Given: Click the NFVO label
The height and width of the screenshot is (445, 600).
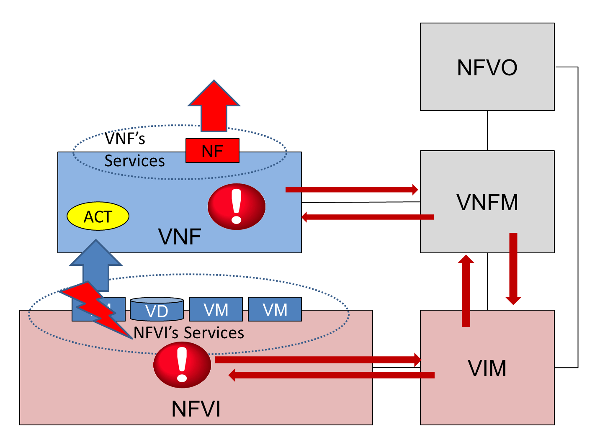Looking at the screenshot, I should [487, 67].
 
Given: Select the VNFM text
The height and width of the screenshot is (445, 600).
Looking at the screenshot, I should [487, 203].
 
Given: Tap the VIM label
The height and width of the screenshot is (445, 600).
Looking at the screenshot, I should [487, 368].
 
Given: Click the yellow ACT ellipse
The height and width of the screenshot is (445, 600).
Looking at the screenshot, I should [98, 216].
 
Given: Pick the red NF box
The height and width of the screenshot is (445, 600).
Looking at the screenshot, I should [212, 151].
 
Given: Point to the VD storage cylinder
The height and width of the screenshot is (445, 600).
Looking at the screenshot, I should [157, 309].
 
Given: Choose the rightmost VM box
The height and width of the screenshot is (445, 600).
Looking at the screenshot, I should [275, 309].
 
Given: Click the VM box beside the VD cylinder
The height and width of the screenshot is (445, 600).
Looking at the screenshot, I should [216, 309].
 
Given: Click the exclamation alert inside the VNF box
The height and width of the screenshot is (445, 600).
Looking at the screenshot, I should [237, 206].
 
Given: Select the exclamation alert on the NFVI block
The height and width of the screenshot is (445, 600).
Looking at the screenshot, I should [182, 365].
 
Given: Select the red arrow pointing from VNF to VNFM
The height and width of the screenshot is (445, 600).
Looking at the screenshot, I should [352, 190].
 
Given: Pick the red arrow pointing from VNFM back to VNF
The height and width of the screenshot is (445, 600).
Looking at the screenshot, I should [368, 217].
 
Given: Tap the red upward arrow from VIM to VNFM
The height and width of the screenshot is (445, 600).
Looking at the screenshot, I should [466, 291].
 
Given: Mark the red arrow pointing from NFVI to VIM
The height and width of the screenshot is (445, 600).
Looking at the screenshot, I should [318, 360].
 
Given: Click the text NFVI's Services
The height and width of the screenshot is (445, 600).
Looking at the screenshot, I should [189, 333].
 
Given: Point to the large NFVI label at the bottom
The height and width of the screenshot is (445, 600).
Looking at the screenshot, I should [196, 409].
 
